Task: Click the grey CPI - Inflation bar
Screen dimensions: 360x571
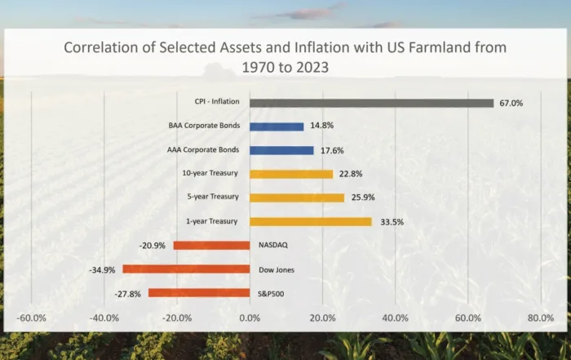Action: point(371,103)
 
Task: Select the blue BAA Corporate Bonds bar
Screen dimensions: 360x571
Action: point(277,127)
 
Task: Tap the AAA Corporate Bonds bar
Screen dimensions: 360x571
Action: point(281,150)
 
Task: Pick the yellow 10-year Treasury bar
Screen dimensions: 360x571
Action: point(291,174)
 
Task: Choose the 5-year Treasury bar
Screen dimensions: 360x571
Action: point(297,198)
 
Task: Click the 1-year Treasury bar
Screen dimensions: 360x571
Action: point(310,221)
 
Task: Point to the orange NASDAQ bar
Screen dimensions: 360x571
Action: point(211,245)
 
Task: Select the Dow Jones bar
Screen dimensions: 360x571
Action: point(186,269)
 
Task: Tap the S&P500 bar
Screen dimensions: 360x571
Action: point(199,292)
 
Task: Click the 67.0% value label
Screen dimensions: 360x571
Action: point(511,104)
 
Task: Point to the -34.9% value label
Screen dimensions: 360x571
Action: point(104,269)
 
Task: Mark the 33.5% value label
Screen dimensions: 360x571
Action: point(392,222)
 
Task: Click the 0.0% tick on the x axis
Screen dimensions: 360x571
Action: point(250,318)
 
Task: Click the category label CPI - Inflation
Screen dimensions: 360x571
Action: point(210,103)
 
